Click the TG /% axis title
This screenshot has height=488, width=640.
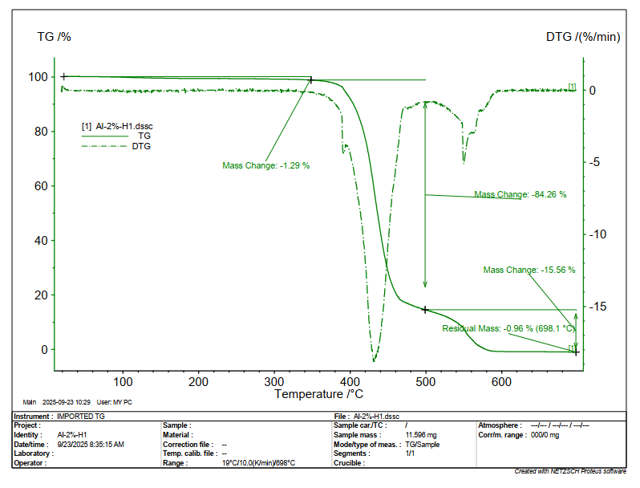pos(55,37)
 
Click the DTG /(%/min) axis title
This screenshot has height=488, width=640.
pos(583,37)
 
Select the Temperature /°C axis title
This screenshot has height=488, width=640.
pos(318,394)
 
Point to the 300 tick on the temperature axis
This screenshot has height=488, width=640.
pos(275,381)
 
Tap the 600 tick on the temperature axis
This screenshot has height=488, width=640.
pos(501,381)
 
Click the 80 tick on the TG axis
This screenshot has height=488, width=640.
pos(38,132)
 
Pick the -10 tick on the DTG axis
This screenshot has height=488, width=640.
pos(597,234)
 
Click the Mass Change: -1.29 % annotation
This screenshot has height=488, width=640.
pos(265,165)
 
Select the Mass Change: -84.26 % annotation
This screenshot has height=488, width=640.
pos(520,194)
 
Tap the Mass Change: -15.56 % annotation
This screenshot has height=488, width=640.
pos(529,270)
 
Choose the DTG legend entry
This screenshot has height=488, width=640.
pos(141,146)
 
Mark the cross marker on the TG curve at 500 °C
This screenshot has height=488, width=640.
pos(425,309)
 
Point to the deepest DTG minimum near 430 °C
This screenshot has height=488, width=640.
pos(374,360)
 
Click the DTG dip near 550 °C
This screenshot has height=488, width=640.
pos(464,162)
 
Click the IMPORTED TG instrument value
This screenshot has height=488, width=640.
pos(81,417)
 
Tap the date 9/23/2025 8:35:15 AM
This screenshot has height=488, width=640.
pos(91,444)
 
